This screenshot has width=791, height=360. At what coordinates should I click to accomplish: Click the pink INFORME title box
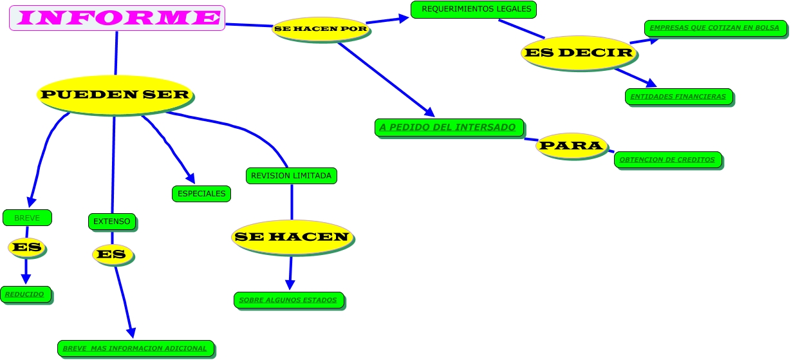[x=117, y=18]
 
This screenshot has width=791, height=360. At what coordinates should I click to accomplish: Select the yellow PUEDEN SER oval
[x=115, y=95]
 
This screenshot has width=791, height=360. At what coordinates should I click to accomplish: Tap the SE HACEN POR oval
[x=321, y=29]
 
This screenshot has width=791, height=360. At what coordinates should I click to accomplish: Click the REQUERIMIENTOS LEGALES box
[x=474, y=10]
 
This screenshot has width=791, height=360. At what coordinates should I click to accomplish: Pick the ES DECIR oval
[x=579, y=52]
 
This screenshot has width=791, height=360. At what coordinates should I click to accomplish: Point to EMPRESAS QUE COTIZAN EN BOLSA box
[x=714, y=28]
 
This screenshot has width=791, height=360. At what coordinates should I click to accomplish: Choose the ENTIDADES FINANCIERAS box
[x=678, y=97]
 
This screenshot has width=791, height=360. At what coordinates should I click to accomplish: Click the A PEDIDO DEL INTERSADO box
[x=449, y=128]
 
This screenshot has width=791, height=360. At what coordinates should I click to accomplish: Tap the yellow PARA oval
[x=571, y=146]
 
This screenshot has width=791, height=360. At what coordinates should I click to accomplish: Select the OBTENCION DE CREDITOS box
[x=667, y=160]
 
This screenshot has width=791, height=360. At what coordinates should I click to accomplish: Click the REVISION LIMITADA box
[x=291, y=175]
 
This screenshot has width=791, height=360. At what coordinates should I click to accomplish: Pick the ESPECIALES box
[x=201, y=193]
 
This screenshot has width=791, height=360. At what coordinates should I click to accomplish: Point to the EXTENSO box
[x=112, y=222]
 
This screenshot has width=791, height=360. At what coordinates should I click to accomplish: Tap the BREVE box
[x=27, y=218]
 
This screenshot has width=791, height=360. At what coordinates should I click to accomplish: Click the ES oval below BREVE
[x=27, y=247]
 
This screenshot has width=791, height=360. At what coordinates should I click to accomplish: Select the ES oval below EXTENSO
[x=113, y=254]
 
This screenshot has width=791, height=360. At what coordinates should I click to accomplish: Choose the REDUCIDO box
[x=26, y=294]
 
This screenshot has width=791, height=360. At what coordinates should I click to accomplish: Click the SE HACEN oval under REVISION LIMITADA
[x=292, y=237]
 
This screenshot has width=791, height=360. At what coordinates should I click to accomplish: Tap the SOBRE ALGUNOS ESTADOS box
[x=288, y=300]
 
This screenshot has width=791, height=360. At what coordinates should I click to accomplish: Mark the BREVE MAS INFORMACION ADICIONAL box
[x=135, y=348]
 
